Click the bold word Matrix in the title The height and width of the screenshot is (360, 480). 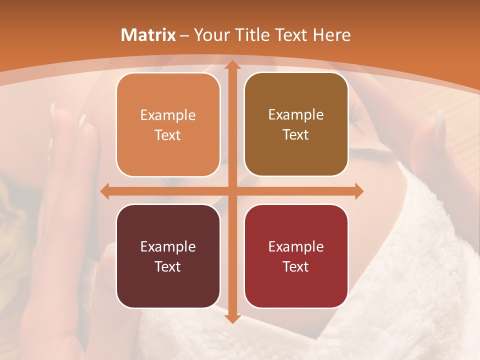(148, 35)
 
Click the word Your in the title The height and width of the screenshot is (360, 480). (210, 35)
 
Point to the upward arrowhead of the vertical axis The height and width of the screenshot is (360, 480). (231, 65)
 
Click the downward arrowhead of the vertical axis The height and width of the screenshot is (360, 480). (231, 318)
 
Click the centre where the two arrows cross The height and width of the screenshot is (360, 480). (231, 191)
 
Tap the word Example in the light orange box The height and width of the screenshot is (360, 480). (168, 115)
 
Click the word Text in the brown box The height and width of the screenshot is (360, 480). (296, 134)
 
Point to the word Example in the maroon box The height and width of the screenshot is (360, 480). (168, 246)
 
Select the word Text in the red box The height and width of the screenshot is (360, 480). (296, 266)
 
